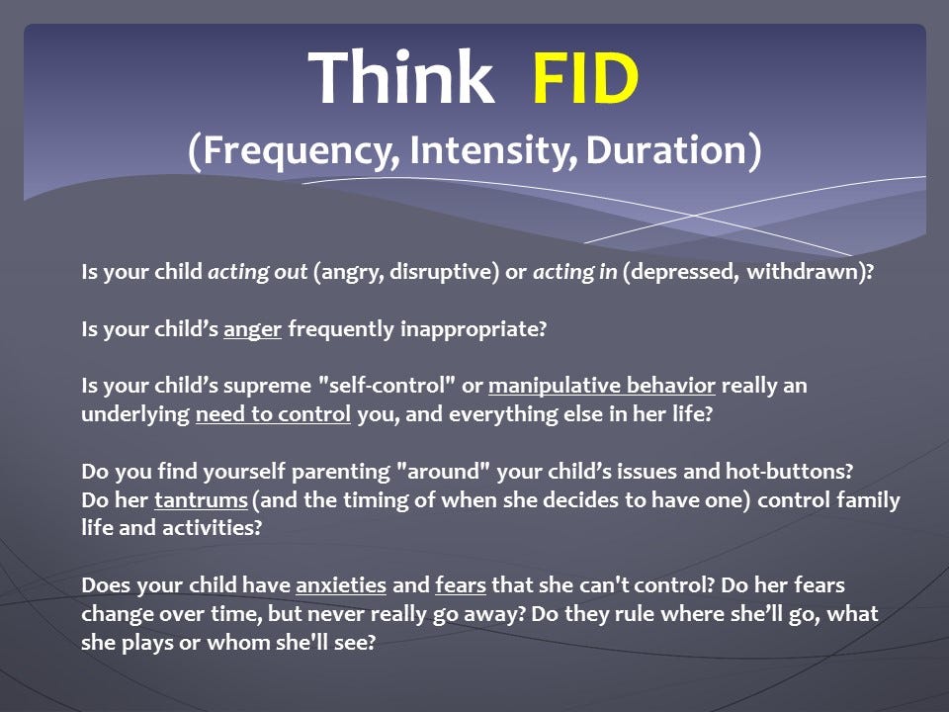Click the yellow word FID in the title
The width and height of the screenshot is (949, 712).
coord(585,78)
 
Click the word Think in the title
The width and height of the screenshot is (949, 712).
coord(401,77)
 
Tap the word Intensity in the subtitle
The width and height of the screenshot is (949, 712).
coord(491,149)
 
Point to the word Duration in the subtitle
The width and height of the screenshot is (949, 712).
coord(666,149)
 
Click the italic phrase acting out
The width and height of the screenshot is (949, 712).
coord(257,272)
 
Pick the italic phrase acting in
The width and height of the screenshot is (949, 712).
coord(574,272)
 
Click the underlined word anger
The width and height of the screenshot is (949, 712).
coord(252,330)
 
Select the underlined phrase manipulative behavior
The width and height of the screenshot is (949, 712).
coord(602,386)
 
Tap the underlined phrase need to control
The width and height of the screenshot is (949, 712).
coord(273,414)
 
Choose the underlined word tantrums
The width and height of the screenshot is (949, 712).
coord(201,500)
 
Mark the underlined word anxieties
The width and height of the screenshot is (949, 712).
coord(341,585)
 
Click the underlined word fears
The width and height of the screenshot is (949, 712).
coord(461,585)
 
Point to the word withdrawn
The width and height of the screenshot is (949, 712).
coord(803,272)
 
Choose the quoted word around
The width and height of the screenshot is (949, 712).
coord(443,471)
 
